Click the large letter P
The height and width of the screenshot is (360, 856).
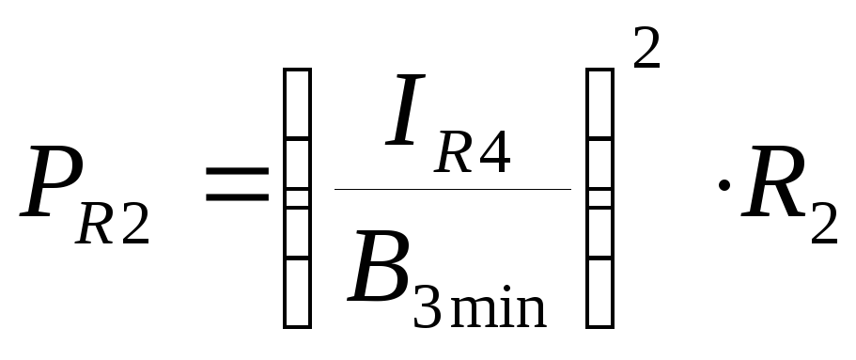pyautogui.click(x=52, y=181)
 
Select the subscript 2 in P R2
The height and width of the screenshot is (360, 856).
pyautogui.click(x=135, y=224)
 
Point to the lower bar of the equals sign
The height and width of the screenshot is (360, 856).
pyautogui.click(x=238, y=196)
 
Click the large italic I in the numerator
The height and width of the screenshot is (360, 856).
pyautogui.click(x=405, y=110)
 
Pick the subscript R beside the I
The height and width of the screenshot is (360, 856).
pyautogui.click(x=453, y=152)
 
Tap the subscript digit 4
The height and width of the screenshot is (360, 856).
pyautogui.click(x=494, y=152)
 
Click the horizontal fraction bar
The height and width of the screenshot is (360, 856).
pyautogui.click(x=453, y=189)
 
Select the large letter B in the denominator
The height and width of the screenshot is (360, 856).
pyautogui.click(x=379, y=266)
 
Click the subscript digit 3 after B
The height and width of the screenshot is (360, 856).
pyautogui.click(x=427, y=307)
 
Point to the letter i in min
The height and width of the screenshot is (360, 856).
pyautogui.click(x=506, y=306)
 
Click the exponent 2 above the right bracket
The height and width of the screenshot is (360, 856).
pyautogui.click(x=646, y=48)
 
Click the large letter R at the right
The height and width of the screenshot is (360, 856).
pyautogui.click(x=773, y=181)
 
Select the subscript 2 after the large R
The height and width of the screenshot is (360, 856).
pyautogui.click(x=824, y=224)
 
